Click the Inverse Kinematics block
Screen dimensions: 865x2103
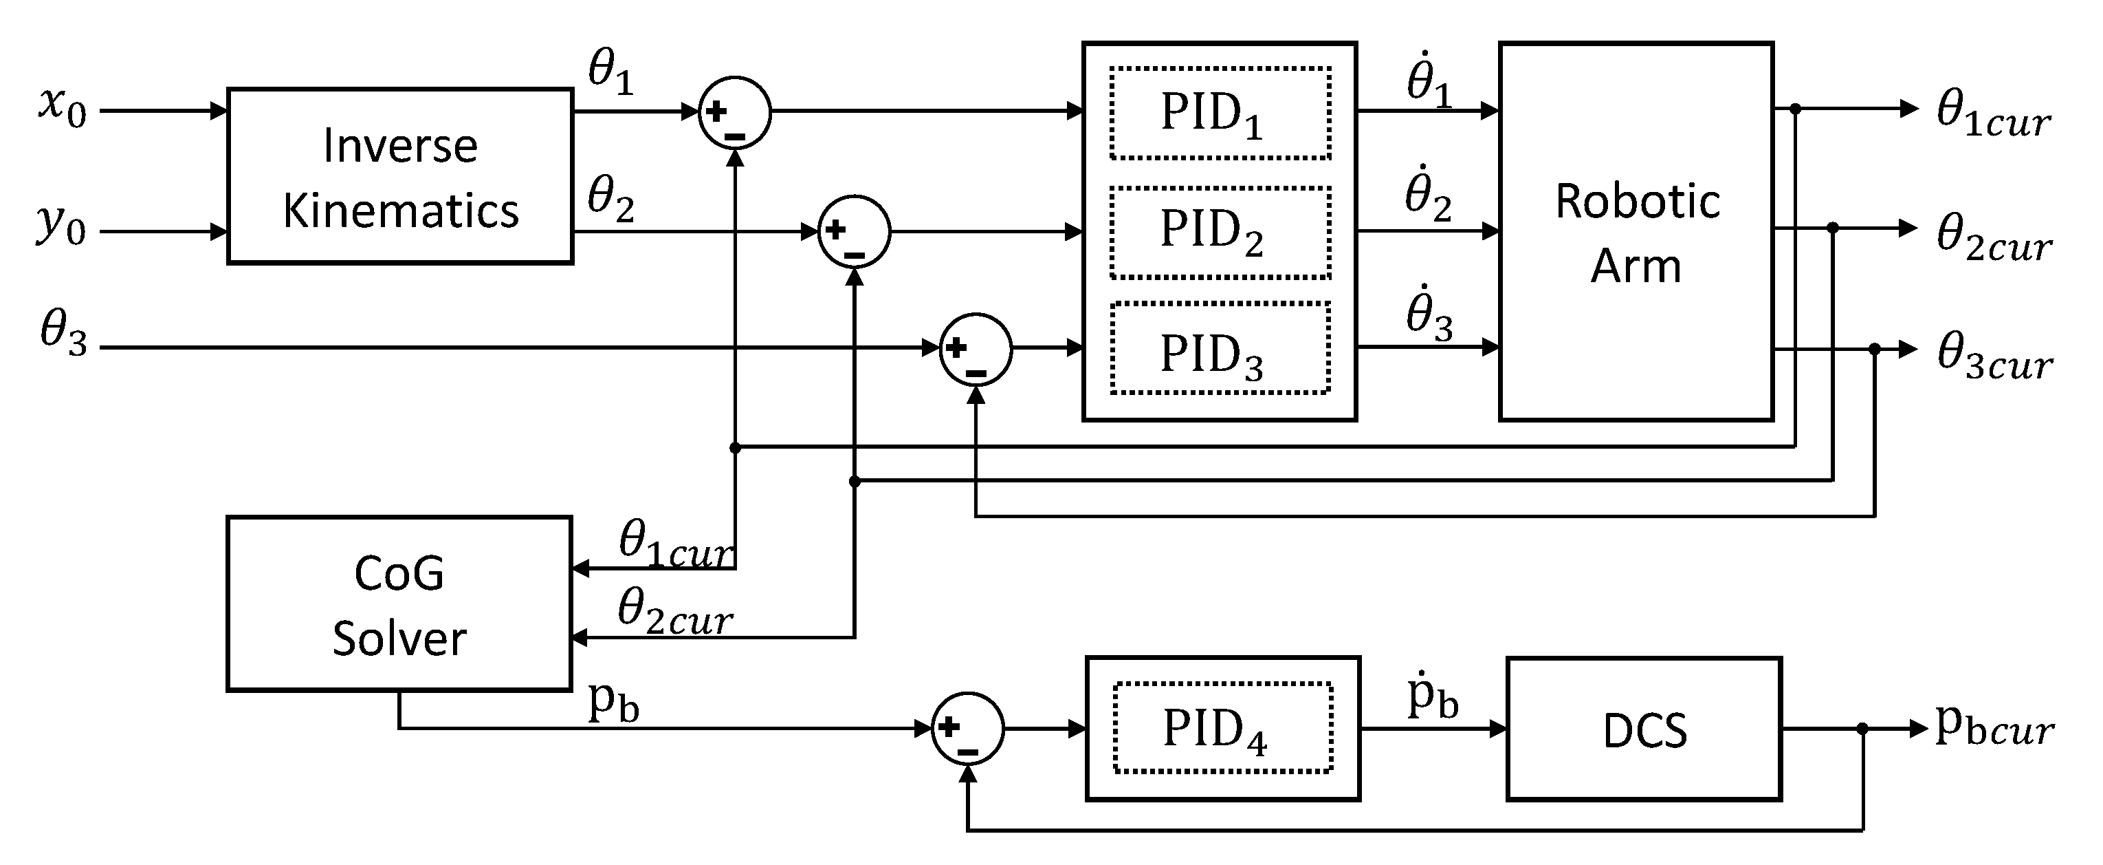pos(400,176)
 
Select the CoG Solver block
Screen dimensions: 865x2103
pos(399,604)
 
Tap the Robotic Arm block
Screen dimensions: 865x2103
pos(1636,232)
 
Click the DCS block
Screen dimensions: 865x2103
pos(1644,729)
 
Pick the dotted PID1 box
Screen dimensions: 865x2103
pos(1220,114)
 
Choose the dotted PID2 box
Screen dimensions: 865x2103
pos(1220,232)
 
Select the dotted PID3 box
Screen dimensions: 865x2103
pos(1220,350)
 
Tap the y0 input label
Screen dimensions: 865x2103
pos(60,226)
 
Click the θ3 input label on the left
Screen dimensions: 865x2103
pos(64,335)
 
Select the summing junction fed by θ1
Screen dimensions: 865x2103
pos(735,113)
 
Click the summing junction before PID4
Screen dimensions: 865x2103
pos(967,729)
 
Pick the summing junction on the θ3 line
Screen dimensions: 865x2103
pos(976,349)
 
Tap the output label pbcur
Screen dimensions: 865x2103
pos(1993,726)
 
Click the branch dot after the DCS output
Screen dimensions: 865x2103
pos(1862,729)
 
